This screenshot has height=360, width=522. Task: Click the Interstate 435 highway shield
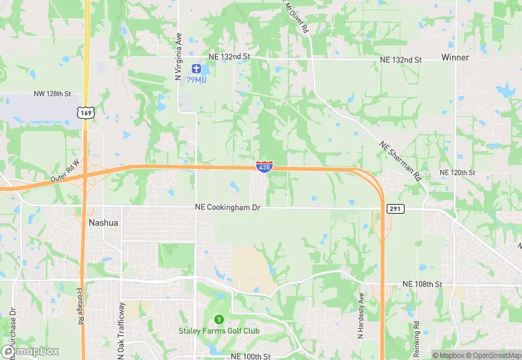click(x=264, y=166)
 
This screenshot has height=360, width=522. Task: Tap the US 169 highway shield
click(x=86, y=111)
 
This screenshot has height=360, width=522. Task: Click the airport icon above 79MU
click(x=196, y=69)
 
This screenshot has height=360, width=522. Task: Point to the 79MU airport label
click(x=196, y=80)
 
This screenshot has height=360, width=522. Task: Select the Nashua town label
click(x=104, y=223)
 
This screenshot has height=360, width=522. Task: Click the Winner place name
click(x=455, y=58)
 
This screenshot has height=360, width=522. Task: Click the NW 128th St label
click(x=52, y=93)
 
